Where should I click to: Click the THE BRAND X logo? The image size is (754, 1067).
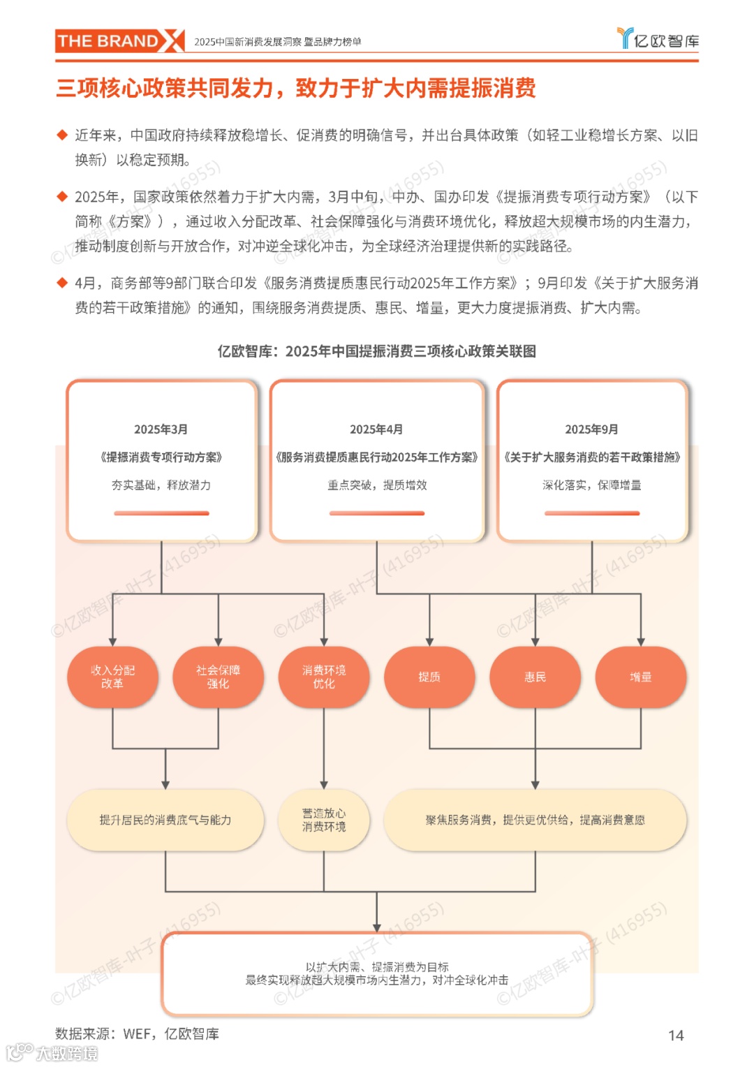coord(119,41)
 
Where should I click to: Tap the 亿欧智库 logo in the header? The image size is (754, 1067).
coord(658,39)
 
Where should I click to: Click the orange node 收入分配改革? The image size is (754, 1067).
coord(112,677)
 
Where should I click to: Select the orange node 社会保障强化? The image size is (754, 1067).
coord(218,677)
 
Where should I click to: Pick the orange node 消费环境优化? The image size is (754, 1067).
coord(323,677)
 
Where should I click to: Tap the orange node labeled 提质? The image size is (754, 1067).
coord(429,677)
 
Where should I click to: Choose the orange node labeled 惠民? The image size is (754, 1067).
coord(535,677)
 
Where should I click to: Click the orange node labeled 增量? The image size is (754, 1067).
coord(640,677)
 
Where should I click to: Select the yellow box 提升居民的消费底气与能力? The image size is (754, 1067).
coord(165,820)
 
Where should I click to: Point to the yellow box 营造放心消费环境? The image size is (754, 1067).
coord(323,820)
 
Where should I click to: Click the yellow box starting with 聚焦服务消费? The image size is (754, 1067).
coord(535,820)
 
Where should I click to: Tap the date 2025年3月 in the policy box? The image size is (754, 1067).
coord(161,429)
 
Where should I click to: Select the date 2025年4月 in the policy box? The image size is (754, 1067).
coord(376,429)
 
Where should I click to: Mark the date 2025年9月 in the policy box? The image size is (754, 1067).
coord(591,429)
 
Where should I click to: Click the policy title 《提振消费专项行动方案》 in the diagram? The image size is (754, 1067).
coord(161,457)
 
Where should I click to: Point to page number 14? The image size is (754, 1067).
coord(676,1036)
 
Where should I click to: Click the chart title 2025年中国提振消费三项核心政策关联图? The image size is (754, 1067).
coord(376,351)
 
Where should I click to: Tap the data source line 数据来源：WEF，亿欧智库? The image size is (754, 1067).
coord(137,1034)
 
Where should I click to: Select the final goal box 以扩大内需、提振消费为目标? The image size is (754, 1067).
coord(377,973)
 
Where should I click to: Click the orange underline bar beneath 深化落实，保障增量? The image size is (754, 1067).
coord(592,513)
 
